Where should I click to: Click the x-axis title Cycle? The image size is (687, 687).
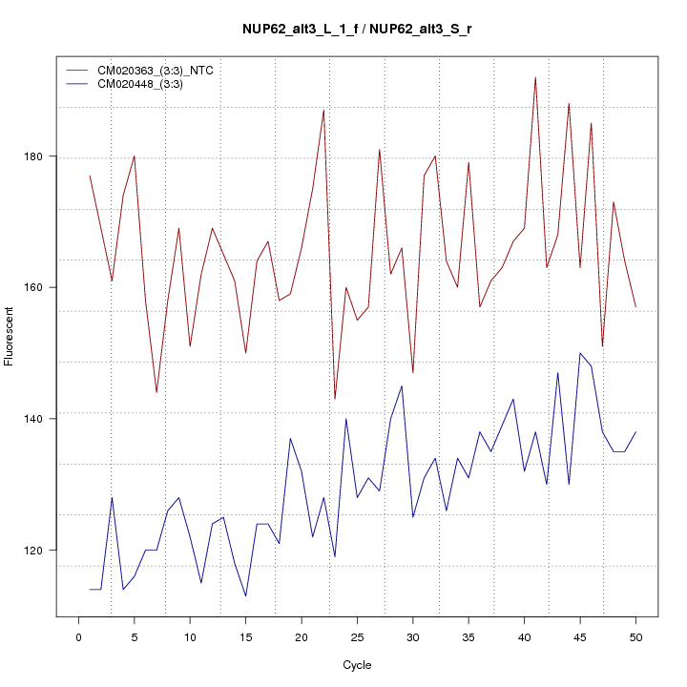[357, 665]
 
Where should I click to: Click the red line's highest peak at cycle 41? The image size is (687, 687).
[535, 77]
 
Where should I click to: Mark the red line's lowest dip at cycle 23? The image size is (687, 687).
[335, 399]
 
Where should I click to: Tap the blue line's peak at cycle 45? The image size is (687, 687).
[580, 353]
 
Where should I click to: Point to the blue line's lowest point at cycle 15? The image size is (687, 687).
[245, 596]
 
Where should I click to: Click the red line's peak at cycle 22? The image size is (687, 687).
[323, 110]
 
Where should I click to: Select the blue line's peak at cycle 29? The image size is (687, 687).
[402, 385]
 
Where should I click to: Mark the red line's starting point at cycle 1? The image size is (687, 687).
[90, 176]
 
